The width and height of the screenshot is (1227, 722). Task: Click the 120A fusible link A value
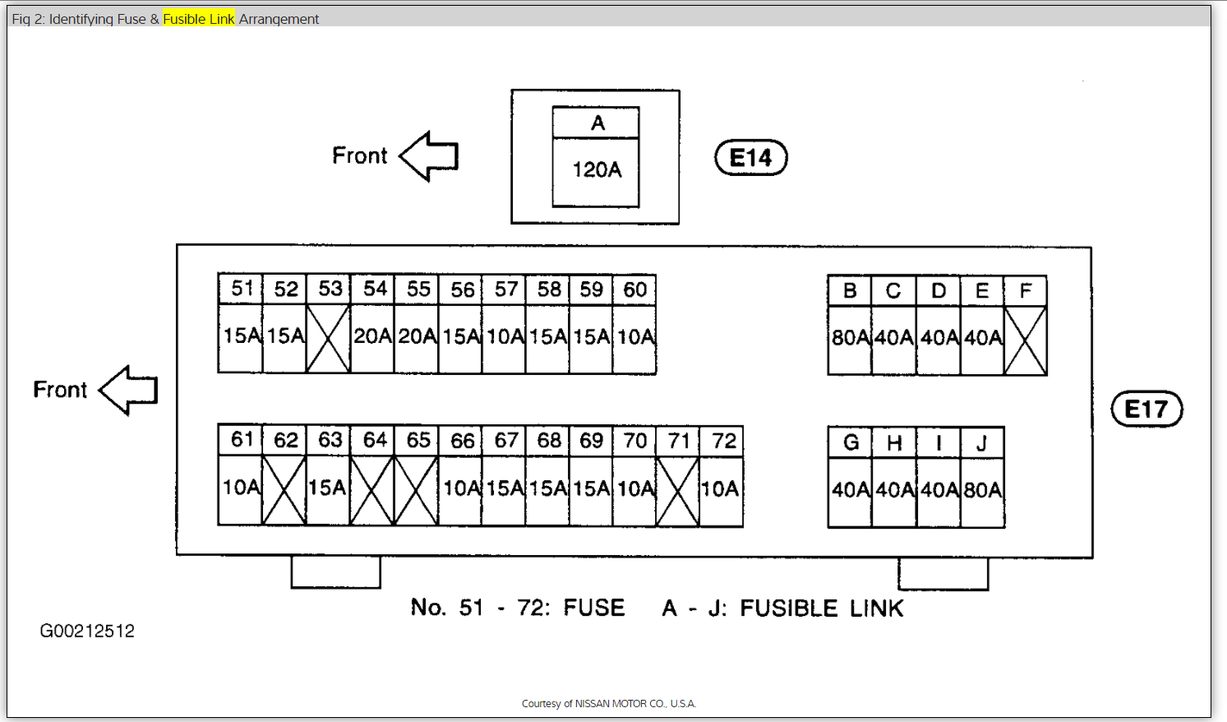(x=597, y=170)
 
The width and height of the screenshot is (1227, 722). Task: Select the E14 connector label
(x=751, y=158)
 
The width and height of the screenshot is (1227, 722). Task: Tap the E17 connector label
(x=1146, y=410)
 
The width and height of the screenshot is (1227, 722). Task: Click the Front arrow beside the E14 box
(x=429, y=155)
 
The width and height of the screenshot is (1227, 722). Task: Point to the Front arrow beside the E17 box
(x=129, y=390)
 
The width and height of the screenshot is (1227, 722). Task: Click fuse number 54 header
(x=375, y=289)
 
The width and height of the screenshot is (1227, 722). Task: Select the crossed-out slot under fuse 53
(x=328, y=338)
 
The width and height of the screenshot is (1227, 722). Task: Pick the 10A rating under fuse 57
(x=505, y=336)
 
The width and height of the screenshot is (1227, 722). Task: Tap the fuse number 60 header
(x=634, y=289)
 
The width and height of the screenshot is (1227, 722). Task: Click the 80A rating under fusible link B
(x=850, y=338)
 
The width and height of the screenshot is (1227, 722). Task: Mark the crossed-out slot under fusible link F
(x=1025, y=340)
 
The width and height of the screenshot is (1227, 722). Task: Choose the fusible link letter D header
(x=939, y=291)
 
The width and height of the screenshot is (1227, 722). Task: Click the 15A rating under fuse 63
(x=327, y=488)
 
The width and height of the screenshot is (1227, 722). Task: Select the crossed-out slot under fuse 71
(x=678, y=491)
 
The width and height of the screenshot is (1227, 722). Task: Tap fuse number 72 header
(x=724, y=441)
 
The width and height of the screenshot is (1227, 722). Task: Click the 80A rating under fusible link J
(x=982, y=491)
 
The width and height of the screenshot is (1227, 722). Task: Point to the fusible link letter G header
(x=851, y=443)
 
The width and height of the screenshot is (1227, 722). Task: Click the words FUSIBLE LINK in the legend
(x=821, y=609)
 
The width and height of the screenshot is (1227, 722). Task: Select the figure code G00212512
(x=87, y=632)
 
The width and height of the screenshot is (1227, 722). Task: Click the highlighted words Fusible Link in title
(x=199, y=19)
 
